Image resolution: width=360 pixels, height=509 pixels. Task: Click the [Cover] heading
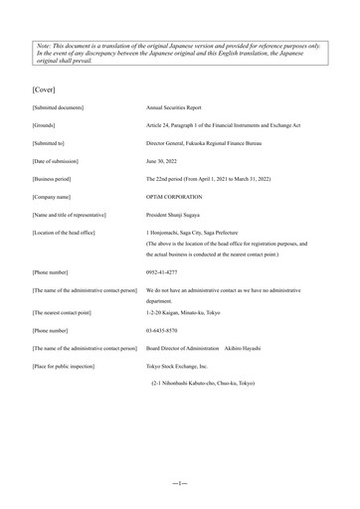pos(48,77)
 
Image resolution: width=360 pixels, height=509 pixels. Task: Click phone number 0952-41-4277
pos(166,271)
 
